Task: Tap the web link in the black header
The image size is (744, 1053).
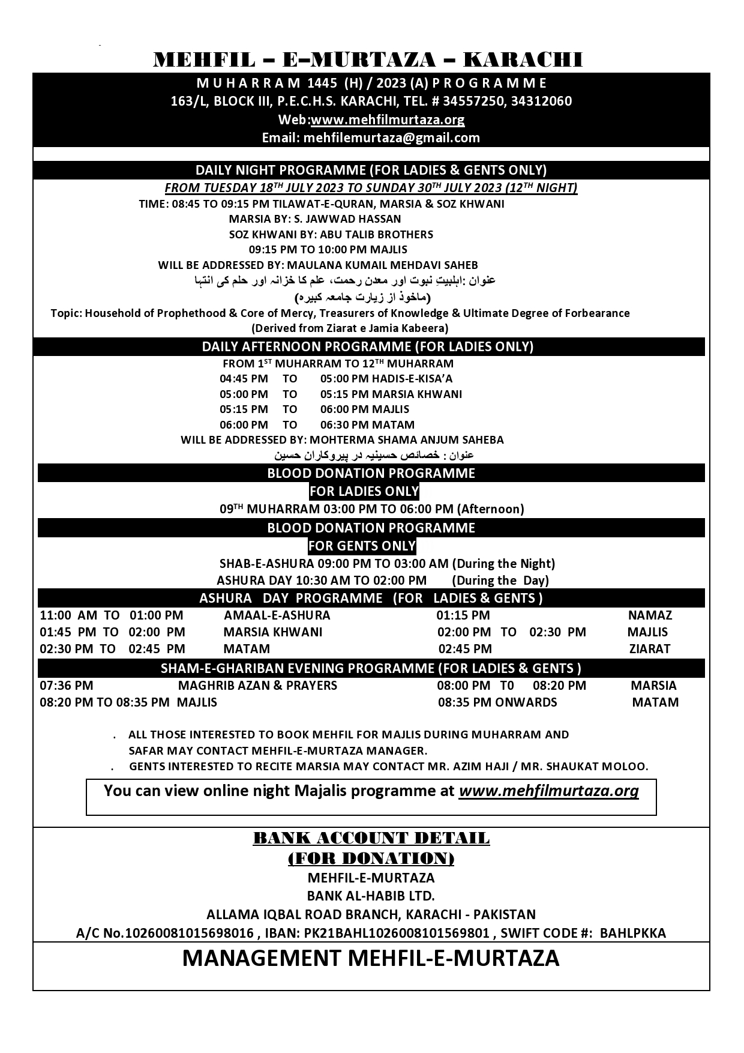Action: click(388, 119)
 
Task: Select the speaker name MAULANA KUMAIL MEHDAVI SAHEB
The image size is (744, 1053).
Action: click(382, 265)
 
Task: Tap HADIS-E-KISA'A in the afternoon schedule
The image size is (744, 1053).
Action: click(412, 379)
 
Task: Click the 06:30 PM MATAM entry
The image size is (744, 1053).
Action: click(367, 425)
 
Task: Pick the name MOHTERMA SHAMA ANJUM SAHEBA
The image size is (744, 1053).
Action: click(406, 440)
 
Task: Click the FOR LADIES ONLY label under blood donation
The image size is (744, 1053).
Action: click(364, 491)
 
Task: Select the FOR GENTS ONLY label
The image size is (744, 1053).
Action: click(362, 546)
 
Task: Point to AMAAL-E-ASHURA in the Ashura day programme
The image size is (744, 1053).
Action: click(277, 615)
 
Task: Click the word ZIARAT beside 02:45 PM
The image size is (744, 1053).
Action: click(650, 649)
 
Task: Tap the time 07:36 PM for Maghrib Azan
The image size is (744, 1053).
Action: click(67, 686)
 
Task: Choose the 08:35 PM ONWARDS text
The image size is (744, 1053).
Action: click(497, 702)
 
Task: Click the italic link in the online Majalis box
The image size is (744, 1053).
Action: click(548, 791)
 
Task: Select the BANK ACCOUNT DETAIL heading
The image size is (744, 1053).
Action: click(371, 838)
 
